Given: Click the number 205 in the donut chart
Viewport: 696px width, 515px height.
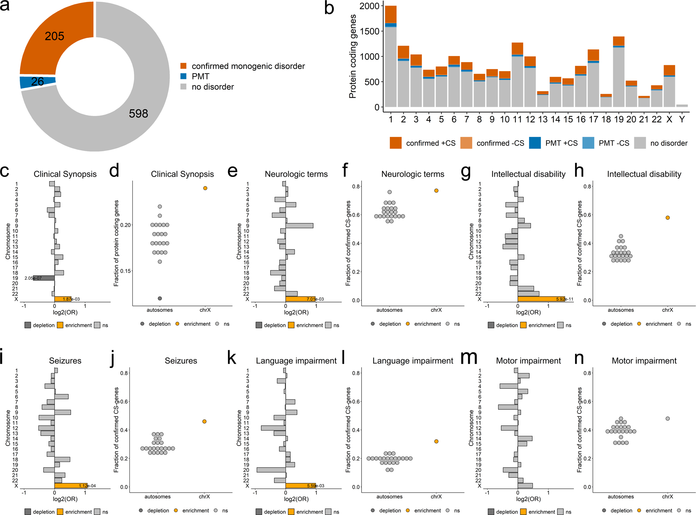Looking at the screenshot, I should point(54,36).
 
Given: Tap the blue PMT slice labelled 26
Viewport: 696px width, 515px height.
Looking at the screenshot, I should point(37,82).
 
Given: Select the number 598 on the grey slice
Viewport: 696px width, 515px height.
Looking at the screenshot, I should point(138,113).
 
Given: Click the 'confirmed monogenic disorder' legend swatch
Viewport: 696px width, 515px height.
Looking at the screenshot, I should point(183,66).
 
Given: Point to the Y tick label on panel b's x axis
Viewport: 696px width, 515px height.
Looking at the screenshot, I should point(682,120).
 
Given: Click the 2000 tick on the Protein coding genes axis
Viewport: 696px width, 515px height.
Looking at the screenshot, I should point(369,6).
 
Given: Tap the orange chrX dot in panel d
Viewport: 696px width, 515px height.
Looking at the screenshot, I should point(205,188).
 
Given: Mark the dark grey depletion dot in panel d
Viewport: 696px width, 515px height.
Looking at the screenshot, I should point(160,298).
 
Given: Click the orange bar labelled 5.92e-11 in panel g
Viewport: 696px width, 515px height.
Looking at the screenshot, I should point(541,299).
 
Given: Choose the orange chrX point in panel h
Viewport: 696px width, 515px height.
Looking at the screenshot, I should point(667,218).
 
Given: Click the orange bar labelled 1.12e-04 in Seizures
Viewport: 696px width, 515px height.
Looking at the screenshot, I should point(71,486).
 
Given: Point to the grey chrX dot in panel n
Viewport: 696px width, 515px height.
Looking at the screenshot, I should point(667,418).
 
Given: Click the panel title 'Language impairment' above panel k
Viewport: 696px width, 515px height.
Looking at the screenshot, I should point(296,361).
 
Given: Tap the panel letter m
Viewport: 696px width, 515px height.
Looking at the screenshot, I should point(469,358).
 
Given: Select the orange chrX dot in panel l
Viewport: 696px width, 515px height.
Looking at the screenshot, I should point(436,441).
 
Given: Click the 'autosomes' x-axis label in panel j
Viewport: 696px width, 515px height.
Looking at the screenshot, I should point(158,497).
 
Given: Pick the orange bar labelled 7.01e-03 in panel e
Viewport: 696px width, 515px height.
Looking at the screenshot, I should point(300,299).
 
